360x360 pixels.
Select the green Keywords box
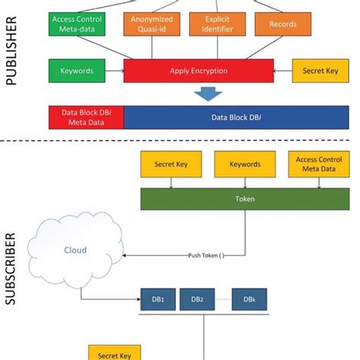pos(76,71)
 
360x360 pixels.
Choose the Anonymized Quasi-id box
pos(152,24)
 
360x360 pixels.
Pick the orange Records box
pos(283,24)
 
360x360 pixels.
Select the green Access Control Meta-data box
pos(77,24)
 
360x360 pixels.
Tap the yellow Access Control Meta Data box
pos(314,163)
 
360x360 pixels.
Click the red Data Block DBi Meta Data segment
pos(86,117)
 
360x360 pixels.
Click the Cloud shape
pos(74,249)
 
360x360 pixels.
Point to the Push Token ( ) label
pos(206,255)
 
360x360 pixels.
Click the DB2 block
pos(197,299)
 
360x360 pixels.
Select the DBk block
pos(248,299)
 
